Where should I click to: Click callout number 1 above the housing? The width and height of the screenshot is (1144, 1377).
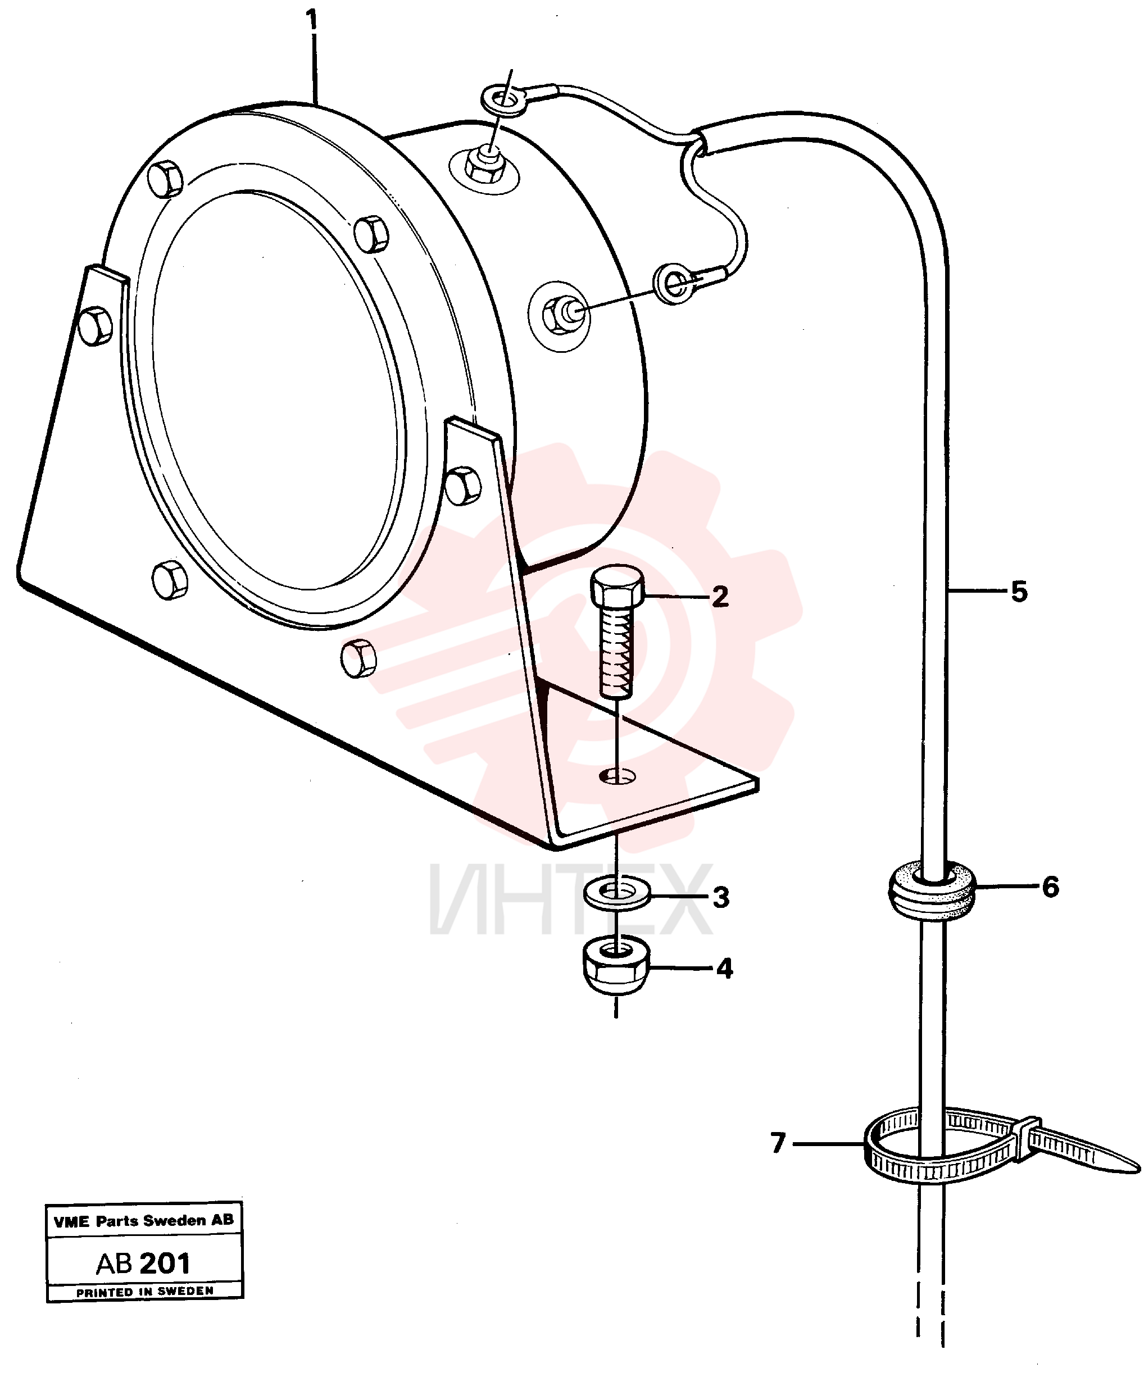(x=312, y=20)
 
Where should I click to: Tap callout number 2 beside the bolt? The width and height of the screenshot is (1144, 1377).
(x=720, y=597)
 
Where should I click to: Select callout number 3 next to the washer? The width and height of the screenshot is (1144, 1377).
(x=721, y=898)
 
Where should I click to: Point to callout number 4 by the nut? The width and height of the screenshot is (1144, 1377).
(x=724, y=969)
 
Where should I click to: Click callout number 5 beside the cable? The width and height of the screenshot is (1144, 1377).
(x=1019, y=592)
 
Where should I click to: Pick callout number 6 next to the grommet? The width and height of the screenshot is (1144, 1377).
(x=1050, y=887)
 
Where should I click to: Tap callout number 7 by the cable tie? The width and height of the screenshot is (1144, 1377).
(x=778, y=1143)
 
